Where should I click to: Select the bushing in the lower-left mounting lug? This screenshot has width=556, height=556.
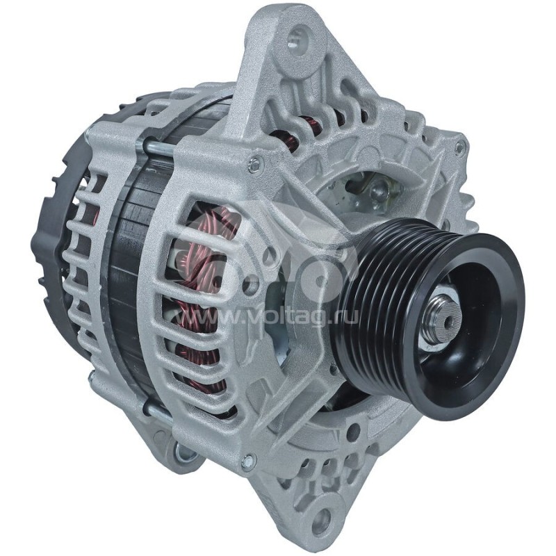(183, 452)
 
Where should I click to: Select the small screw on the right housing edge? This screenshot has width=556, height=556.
(458, 147)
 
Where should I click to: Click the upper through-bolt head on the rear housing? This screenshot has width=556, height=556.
(148, 145)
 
